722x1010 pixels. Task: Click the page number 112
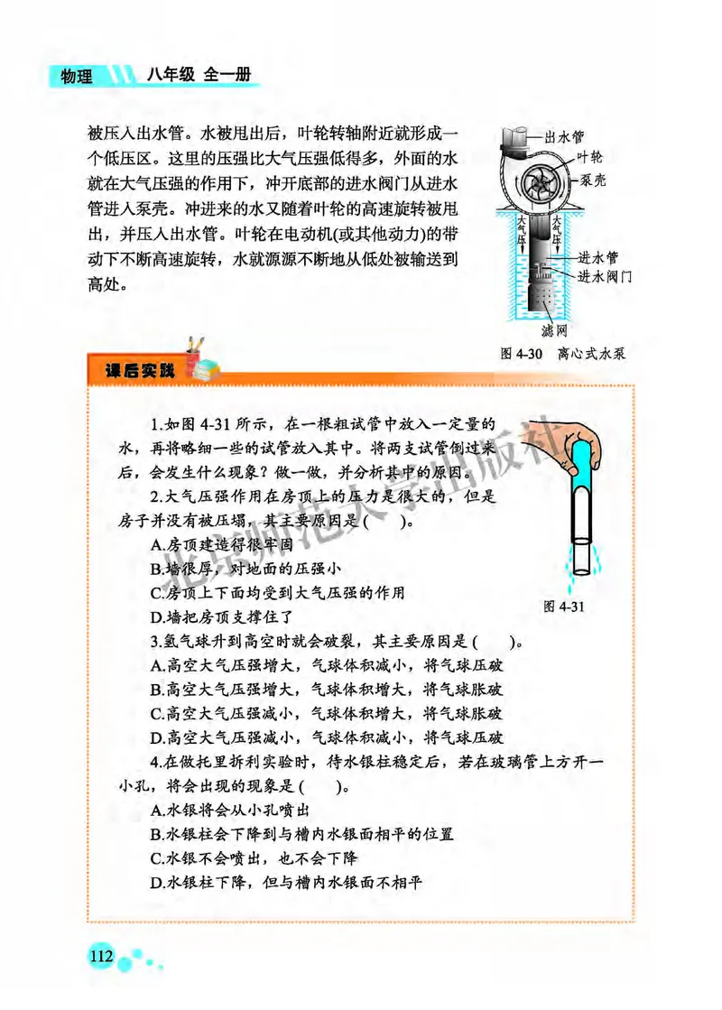point(98,956)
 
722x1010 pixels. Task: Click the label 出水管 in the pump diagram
point(566,138)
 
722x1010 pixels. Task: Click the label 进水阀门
point(604,275)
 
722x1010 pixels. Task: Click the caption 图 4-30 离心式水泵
point(562,354)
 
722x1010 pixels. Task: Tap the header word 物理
point(77,77)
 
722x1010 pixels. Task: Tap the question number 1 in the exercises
point(156,422)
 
